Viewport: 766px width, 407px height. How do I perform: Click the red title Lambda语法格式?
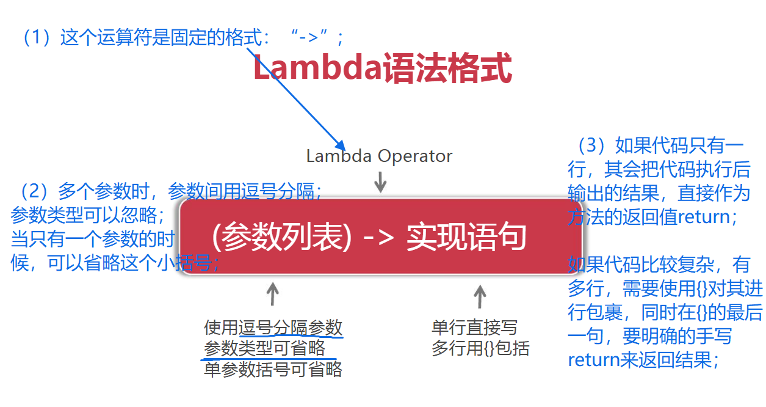coord(382,69)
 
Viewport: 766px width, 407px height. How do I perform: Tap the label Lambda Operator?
coord(379,156)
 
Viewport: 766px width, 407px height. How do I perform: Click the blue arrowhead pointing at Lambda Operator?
coord(341,147)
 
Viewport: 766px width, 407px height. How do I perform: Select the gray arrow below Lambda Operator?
coord(380,182)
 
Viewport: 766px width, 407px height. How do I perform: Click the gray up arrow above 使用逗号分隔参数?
coord(273,293)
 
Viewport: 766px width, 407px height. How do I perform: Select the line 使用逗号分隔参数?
coord(273,328)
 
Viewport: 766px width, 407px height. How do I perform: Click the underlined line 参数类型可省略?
coord(264,349)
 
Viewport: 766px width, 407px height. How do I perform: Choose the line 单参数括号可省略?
coord(273,370)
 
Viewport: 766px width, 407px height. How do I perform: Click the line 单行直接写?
coord(474,328)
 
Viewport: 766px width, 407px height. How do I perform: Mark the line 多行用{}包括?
coord(480,349)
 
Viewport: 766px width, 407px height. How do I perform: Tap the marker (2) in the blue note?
coord(35,192)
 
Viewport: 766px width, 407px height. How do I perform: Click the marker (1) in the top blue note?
coord(36,38)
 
